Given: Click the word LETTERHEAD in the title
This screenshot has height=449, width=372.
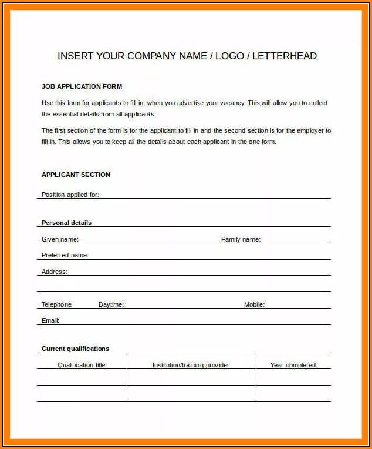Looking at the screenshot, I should [x=286, y=56].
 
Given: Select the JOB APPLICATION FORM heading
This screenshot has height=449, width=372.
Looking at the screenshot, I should [x=82, y=86].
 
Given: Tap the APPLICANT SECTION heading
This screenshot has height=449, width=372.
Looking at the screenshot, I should [x=76, y=175].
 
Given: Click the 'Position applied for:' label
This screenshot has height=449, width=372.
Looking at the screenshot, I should [x=70, y=195].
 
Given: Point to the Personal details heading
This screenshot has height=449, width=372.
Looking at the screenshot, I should [x=66, y=223].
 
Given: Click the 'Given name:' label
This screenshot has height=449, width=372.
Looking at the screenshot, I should [x=60, y=239].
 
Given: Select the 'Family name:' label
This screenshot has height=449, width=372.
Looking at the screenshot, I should [x=241, y=239].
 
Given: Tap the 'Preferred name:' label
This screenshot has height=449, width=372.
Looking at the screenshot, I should [x=65, y=255].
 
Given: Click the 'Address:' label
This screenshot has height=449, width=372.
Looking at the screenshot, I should [x=54, y=272].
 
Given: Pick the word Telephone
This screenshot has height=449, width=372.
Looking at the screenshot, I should [x=56, y=304].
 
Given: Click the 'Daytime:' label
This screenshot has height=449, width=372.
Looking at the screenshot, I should [x=111, y=304].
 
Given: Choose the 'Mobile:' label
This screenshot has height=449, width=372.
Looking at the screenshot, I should [x=254, y=304].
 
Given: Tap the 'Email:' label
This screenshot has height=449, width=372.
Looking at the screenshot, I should [x=50, y=320].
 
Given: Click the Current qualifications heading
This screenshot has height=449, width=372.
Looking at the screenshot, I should [x=75, y=349].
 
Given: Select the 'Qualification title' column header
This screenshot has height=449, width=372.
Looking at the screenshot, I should [x=81, y=365].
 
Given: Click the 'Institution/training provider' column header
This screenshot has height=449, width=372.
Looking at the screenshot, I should [x=191, y=365].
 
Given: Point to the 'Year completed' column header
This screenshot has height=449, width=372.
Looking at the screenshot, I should [x=293, y=365].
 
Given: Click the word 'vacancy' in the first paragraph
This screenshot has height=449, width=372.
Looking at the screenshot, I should [x=231, y=103].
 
